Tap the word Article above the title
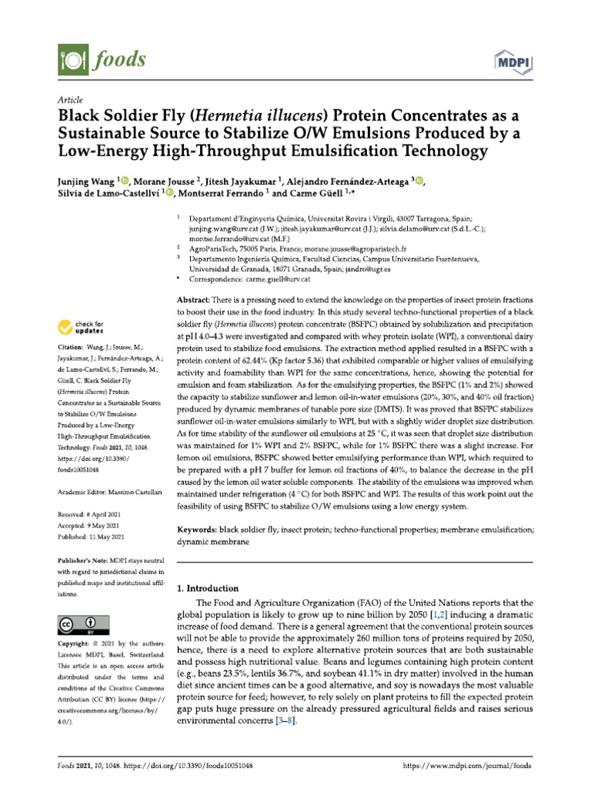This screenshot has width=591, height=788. tap(70, 100)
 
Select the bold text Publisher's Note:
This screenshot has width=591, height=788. tap(85, 563)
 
